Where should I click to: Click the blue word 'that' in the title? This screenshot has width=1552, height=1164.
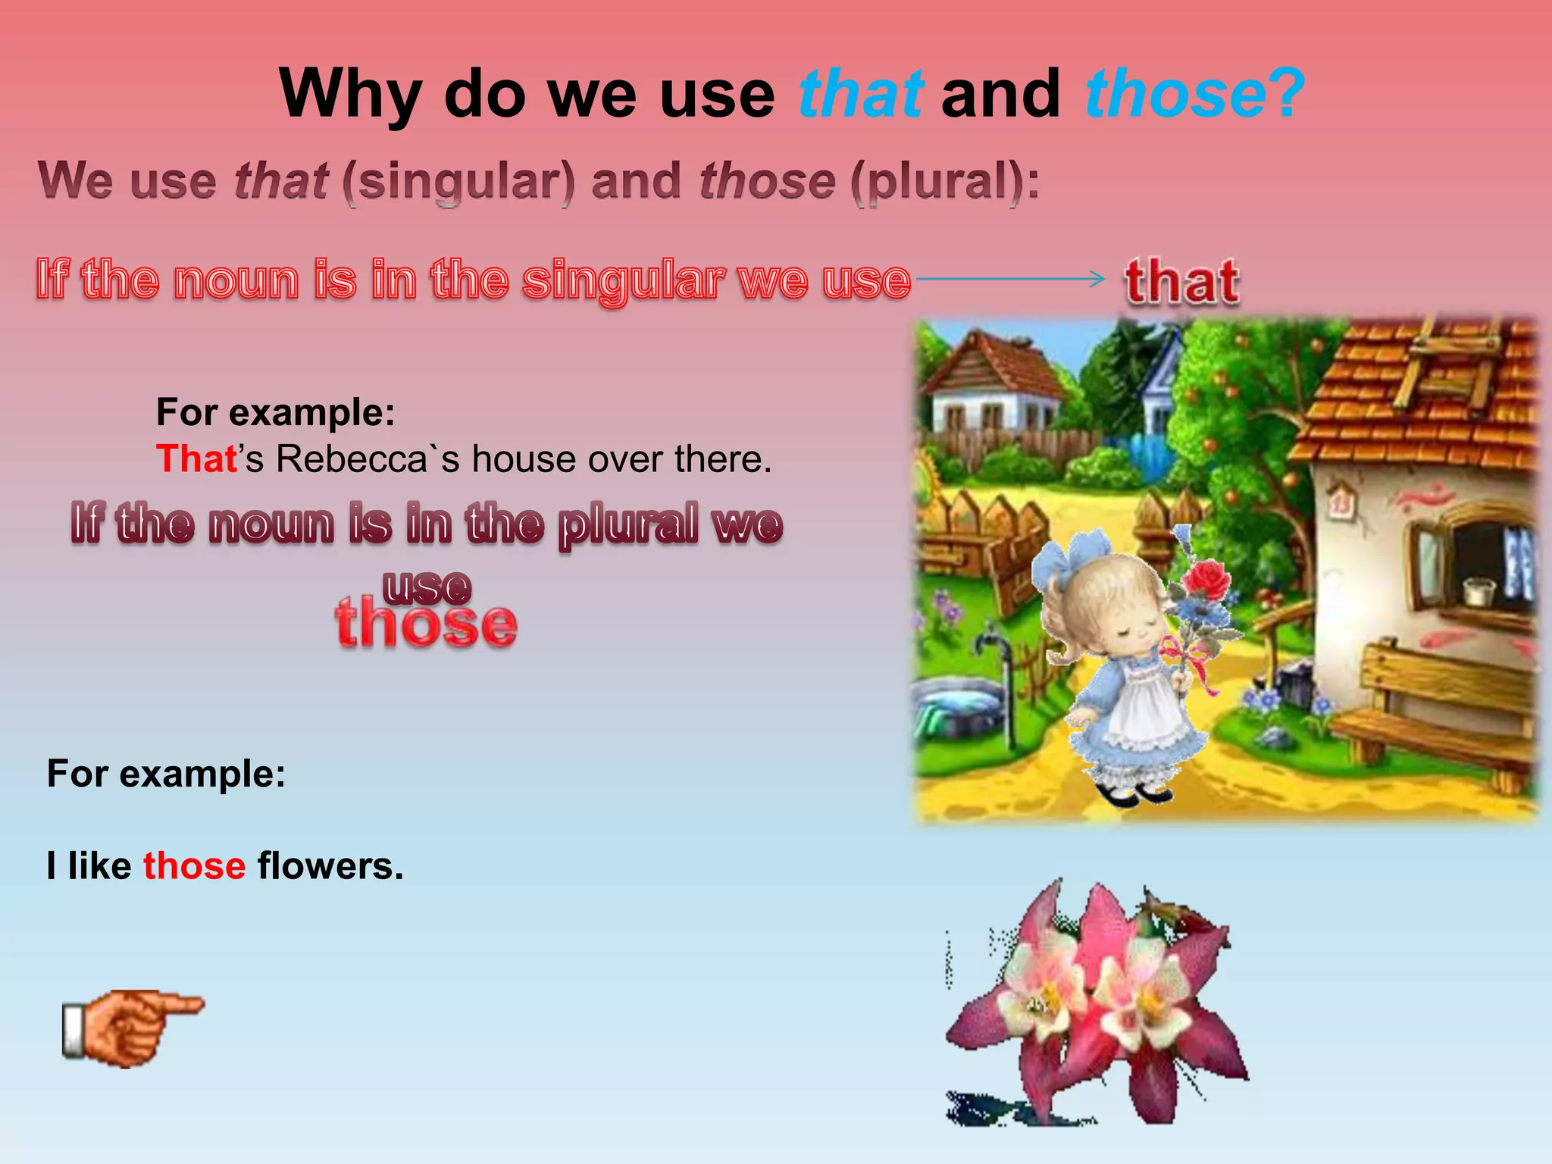pyautogui.click(x=861, y=94)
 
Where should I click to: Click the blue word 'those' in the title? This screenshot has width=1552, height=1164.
pyautogui.click(x=1175, y=94)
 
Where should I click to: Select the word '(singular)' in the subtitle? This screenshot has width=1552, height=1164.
pyautogui.click(x=458, y=182)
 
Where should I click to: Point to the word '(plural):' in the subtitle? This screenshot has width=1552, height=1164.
pyautogui.click(x=945, y=182)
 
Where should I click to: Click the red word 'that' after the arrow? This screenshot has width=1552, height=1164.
pyautogui.click(x=1182, y=281)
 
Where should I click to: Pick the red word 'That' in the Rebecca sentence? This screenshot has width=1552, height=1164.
pyautogui.click(x=196, y=459)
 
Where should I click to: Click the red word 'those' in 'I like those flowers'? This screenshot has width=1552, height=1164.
pyautogui.click(x=194, y=865)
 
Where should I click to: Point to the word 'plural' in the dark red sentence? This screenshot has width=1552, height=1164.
pyautogui.click(x=627, y=524)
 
